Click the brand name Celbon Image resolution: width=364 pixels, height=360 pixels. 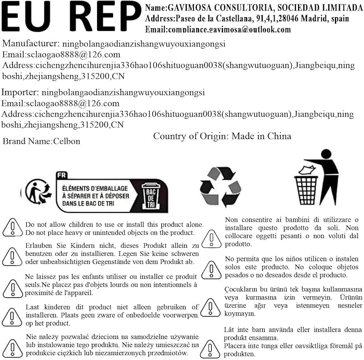coord(67,141)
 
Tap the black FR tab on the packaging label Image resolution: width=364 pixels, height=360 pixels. coord(62,175)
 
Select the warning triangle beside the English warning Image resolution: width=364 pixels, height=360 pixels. coord(12,228)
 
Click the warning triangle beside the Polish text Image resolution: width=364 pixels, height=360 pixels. coord(12,347)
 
